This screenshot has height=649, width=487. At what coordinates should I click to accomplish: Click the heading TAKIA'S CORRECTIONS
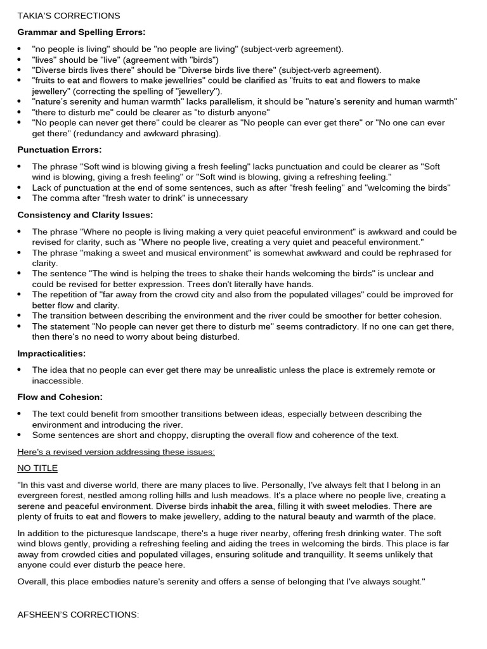[68, 15]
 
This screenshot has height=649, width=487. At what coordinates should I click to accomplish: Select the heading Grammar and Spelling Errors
[81, 32]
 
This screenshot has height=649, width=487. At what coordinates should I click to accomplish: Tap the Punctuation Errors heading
[59, 150]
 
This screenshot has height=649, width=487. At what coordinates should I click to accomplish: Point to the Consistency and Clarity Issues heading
[85, 215]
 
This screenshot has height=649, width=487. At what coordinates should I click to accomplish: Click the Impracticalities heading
[51, 353]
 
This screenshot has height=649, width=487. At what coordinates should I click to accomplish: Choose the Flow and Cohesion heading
[60, 397]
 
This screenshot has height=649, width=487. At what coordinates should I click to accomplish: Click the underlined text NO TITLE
[37, 468]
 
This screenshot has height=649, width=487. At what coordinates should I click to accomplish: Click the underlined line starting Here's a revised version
[116, 451]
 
